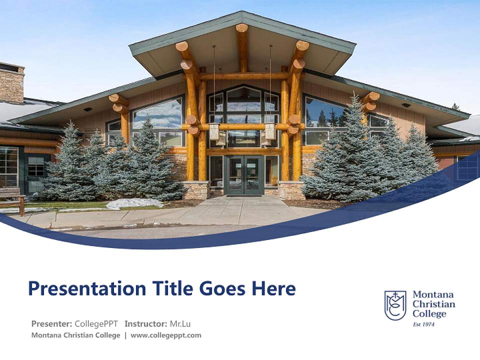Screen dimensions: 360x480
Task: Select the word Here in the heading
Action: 273,288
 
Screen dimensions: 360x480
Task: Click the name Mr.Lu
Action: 181,323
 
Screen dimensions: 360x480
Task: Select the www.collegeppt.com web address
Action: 166,335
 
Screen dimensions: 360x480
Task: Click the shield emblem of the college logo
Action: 395,305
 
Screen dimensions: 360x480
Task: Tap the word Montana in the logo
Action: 433,295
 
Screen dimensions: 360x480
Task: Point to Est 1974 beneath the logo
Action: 423,324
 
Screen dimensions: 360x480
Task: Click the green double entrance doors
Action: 244,175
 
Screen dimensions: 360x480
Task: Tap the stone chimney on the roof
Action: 11,84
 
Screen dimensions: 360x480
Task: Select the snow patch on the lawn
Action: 134,203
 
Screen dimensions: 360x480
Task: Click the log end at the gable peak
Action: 242,28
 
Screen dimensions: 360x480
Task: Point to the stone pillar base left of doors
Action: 196,190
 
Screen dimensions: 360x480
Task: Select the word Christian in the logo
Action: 433,304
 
